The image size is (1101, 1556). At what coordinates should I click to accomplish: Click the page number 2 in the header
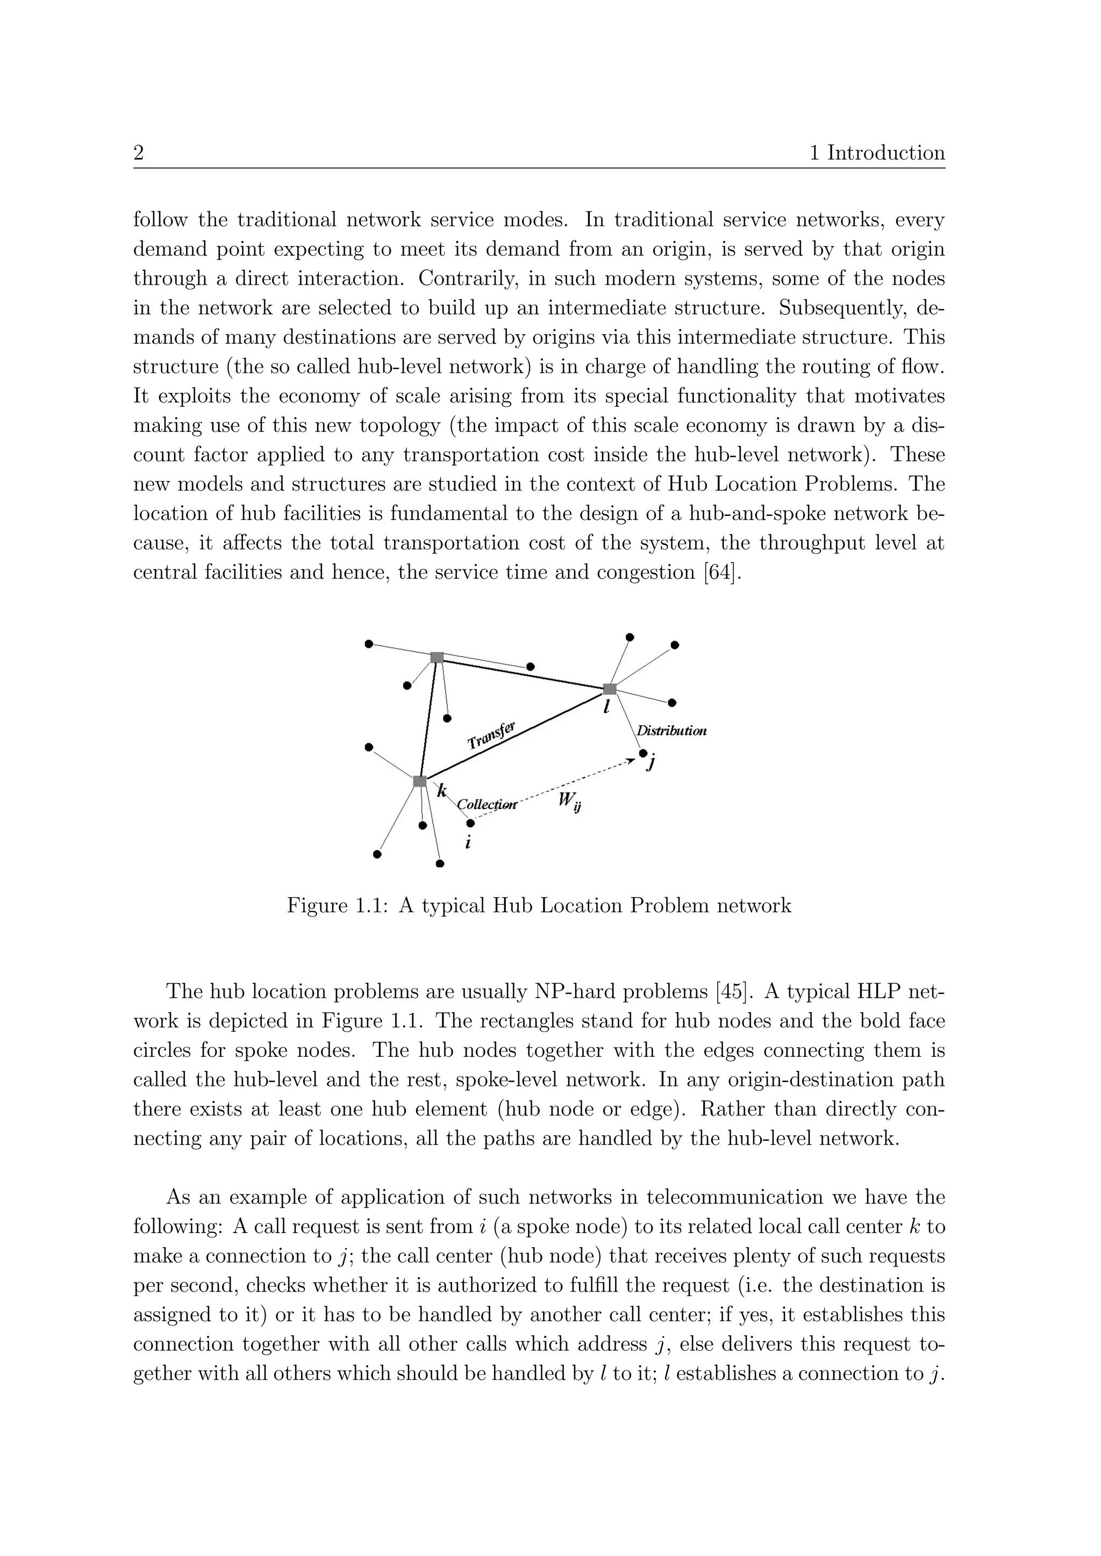point(138,153)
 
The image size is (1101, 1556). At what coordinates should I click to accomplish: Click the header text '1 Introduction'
point(877,153)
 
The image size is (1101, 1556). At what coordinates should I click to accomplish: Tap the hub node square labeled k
point(420,781)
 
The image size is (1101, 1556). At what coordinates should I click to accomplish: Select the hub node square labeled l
point(610,689)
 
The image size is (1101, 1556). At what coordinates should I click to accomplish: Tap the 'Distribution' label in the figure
point(671,731)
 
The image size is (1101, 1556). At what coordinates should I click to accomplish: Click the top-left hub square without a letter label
point(437,657)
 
